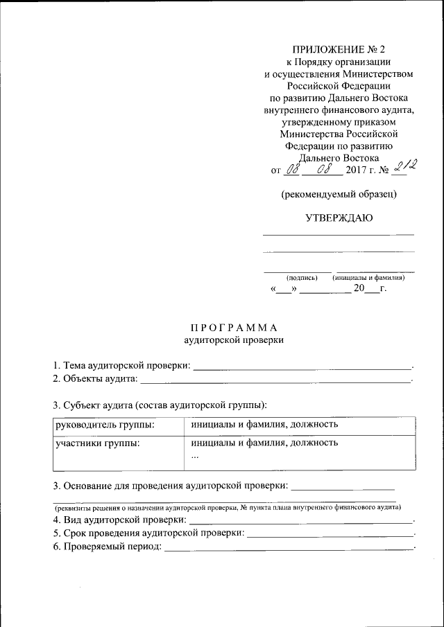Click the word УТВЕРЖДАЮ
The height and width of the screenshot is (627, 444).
pyautogui.click(x=339, y=218)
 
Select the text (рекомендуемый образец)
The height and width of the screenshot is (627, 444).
pyautogui.click(x=339, y=194)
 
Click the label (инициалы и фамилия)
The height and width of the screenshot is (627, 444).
pyautogui.click(x=368, y=277)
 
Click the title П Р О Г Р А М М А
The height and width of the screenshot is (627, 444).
pyautogui.click(x=234, y=327)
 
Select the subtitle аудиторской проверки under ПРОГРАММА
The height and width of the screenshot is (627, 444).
pyautogui.click(x=234, y=339)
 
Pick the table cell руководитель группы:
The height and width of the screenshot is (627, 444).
pyautogui.click(x=105, y=424)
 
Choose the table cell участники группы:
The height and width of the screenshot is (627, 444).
pyautogui.click(x=98, y=442)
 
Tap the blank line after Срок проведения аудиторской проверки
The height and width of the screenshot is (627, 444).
pyautogui.click(x=330, y=534)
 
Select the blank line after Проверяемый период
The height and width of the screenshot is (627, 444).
pyautogui.click(x=287, y=547)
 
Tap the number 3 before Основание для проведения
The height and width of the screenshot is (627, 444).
pyautogui.click(x=56, y=485)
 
